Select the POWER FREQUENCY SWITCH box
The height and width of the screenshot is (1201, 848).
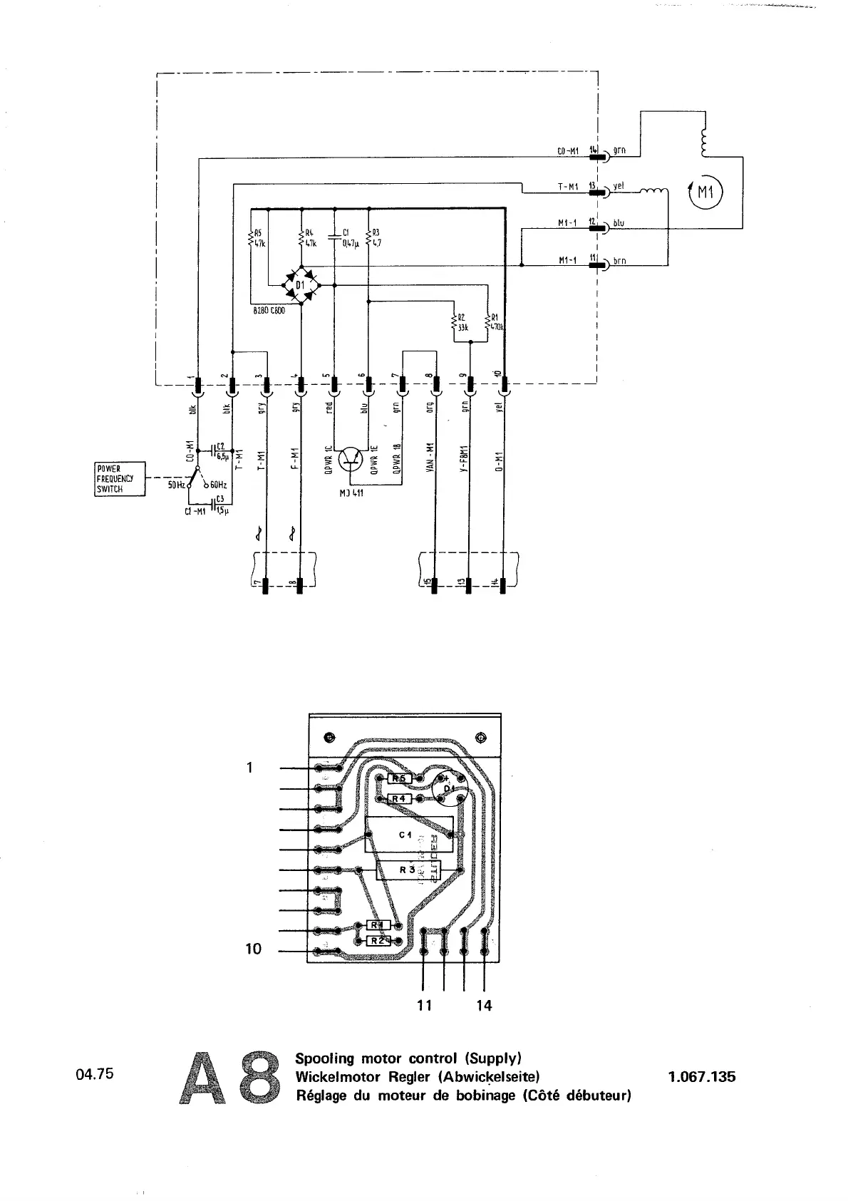tap(120, 479)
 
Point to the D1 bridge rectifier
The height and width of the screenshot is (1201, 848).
tap(301, 287)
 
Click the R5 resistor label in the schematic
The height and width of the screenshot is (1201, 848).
tap(258, 232)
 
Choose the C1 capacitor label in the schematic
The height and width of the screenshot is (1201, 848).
tap(346, 232)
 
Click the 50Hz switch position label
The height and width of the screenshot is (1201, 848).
tap(176, 485)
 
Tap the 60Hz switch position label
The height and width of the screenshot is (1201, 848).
tap(218, 485)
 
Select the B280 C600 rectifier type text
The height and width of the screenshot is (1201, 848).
tap(269, 311)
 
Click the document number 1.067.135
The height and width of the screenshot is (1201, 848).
tap(701, 1077)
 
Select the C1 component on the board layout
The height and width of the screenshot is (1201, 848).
tap(405, 835)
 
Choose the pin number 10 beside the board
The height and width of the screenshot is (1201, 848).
tap(254, 949)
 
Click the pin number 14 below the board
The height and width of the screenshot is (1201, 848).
tap(484, 1006)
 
